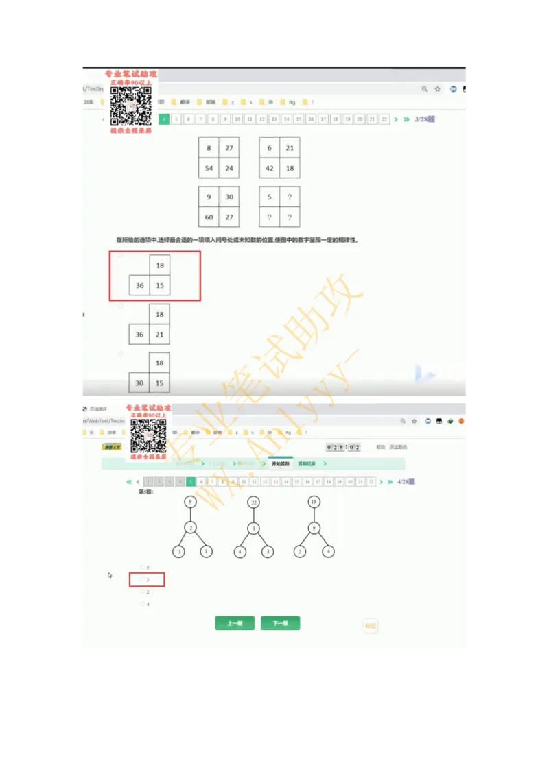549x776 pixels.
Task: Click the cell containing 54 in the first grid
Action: (x=209, y=168)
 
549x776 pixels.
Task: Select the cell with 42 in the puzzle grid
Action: (x=270, y=168)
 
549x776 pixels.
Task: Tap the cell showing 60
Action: (x=209, y=217)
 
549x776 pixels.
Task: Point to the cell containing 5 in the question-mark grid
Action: (x=270, y=197)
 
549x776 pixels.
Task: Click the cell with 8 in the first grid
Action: (x=209, y=148)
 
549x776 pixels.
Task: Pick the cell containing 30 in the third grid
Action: (x=229, y=197)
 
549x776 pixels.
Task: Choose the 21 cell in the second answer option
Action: (x=160, y=335)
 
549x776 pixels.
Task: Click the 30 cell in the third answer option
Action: (x=140, y=383)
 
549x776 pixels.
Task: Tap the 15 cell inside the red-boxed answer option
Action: (x=160, y=285)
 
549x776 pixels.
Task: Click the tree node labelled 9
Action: (x=191, y=502)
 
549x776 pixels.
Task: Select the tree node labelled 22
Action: (x=253, y=502)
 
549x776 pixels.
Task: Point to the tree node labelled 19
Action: (x=314, y=502)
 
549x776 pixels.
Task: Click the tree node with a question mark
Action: (x=314, y=528)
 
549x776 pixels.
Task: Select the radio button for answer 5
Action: (x=142, y=568)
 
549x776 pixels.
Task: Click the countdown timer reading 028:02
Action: (x=343, y=447)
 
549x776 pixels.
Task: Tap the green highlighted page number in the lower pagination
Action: (x=191, y=482)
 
